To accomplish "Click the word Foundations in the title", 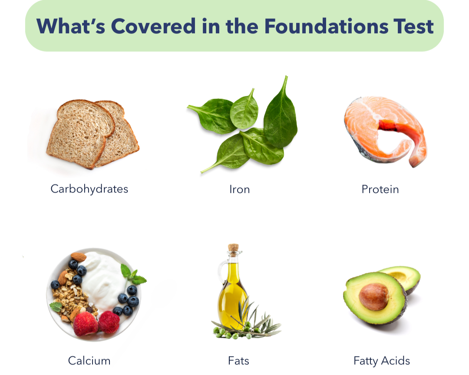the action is [x=326, y=26].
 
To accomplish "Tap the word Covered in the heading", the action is [x=153, y=26].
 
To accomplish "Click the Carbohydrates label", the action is [x=89, y=189].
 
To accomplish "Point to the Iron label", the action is [x=239, y=189].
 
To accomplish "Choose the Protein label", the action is [x=380, y=189].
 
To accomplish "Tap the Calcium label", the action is [x=89, y=361].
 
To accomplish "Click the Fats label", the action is [x=238, y=361].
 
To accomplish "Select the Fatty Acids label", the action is [x=382, y=361].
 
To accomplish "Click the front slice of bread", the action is [x=79, y=133].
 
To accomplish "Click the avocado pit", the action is [x=374, y=296].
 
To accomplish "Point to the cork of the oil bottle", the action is [x=233, y=248].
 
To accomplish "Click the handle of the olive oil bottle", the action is [x=222, y=270].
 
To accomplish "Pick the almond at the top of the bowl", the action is [x=79, y=257].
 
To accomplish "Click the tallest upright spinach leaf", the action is [x=280, y=120].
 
